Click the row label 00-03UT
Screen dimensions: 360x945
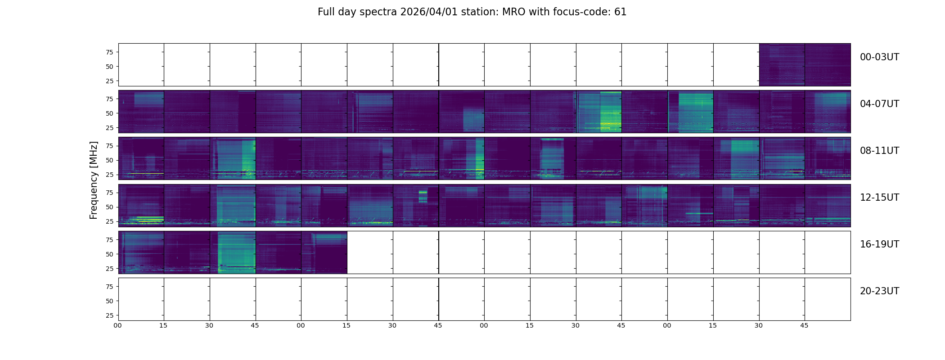coord(879,57)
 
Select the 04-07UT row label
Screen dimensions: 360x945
coord(879,104)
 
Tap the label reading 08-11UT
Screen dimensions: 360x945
coord(879,151)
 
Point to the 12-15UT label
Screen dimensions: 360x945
coord(879,198)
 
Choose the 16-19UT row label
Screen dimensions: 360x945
coord(879,244)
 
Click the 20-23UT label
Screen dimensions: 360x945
coord(879,291)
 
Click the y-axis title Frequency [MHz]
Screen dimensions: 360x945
coord(94,180)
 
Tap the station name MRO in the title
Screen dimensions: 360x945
coord(508,12)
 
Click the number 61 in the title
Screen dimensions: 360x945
coord(620,12)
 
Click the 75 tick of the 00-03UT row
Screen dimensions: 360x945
coord(108,52)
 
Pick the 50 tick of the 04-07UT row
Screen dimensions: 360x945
coord(108,113)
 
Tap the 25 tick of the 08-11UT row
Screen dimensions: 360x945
coord(108,175)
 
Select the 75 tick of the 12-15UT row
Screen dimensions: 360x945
coord(108,193)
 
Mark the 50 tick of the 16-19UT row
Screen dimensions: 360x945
coord(108,254)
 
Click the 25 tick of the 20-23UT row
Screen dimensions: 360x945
coord(108,315)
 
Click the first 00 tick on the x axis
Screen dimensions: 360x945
coord(118,325)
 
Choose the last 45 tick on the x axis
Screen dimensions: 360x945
coord(804,325)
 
